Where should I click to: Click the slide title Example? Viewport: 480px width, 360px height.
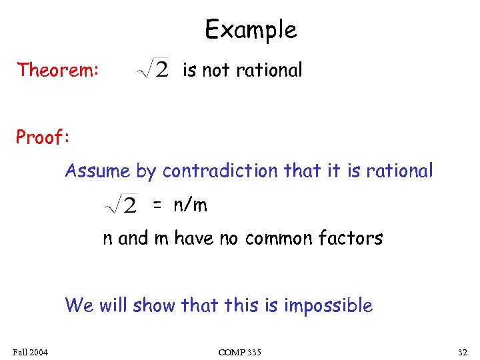pyautogui.click(x=250, y=30)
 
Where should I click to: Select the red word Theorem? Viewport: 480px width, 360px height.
pyautogui.click(x=58, y=69)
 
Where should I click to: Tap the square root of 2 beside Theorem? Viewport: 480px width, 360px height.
pyautogui.click(x=153, y=69)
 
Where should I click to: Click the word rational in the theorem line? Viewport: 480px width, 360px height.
pyautogui.click(x=269, y=69)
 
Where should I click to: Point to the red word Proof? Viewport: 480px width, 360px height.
pyautogui.click(x=43, y=137)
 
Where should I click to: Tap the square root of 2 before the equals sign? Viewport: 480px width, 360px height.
pyautogui.click(x=121, y=205)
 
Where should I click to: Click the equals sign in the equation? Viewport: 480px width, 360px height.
pyautogui.click(x=157, y=205)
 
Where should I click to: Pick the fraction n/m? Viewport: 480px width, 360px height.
pyautogui.click(x=191, y=205)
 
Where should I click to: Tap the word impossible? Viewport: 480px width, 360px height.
pyautogui.click(x=328, y=306)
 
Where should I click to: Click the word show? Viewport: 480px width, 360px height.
pyautogui.click(x=155, y=306)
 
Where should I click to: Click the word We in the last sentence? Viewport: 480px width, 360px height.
pyautogui.click(x=79, y=306)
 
